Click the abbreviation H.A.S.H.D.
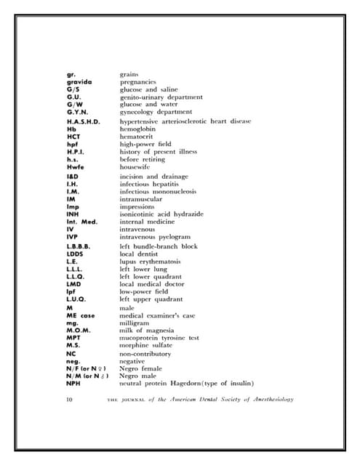83,122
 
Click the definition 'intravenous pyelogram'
155,237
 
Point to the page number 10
69,400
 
